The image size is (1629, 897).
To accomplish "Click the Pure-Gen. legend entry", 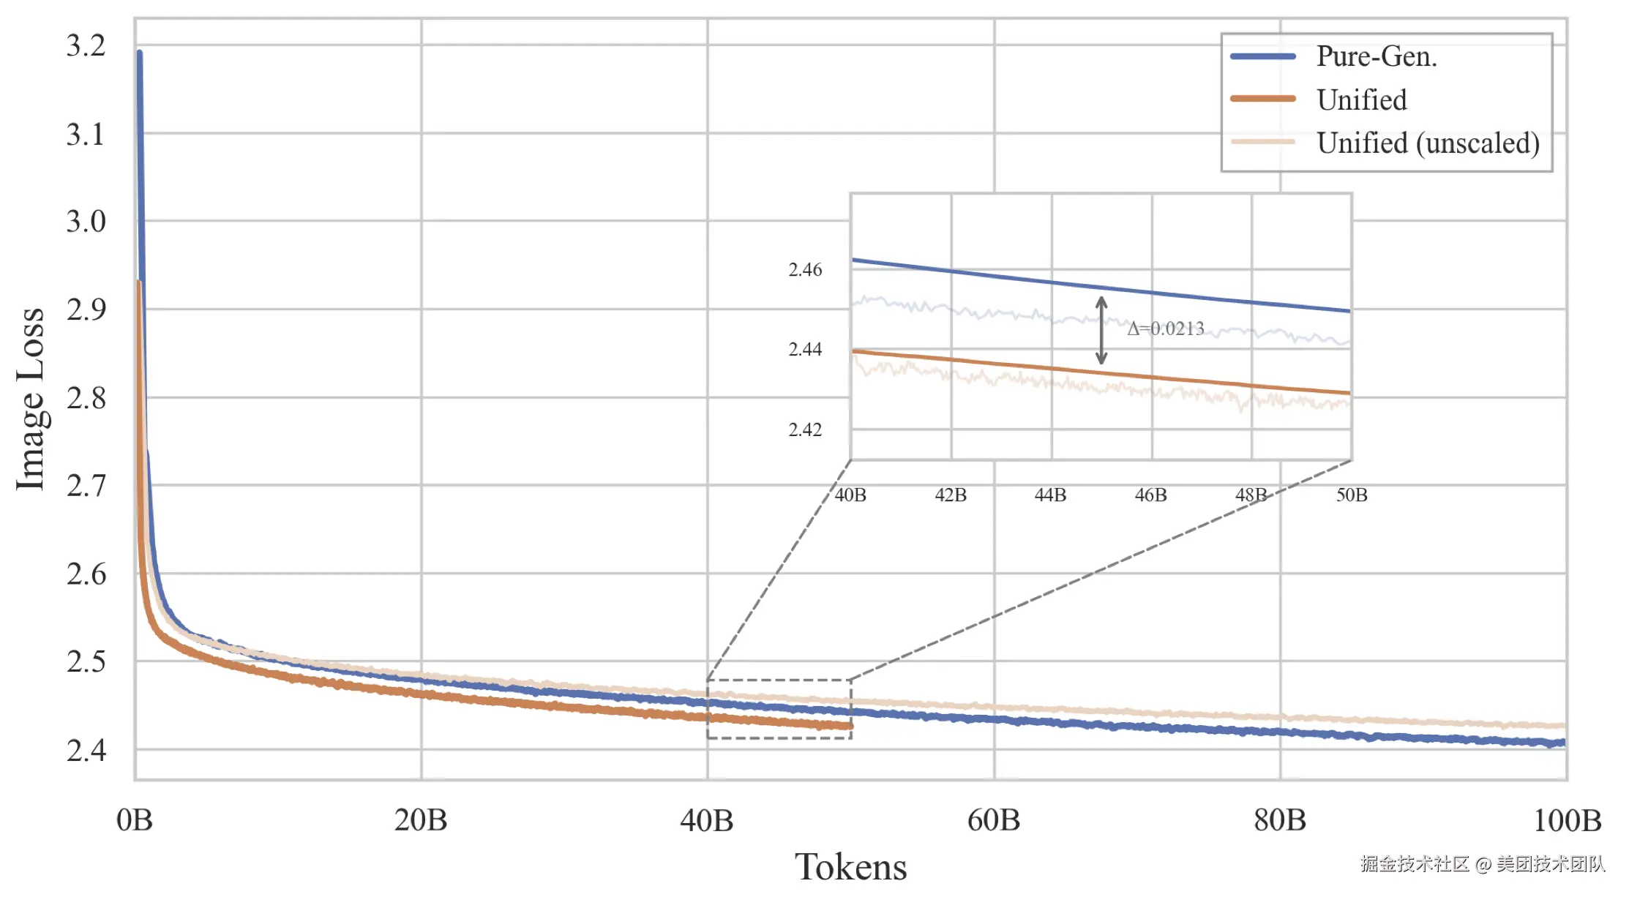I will coord(1376,56).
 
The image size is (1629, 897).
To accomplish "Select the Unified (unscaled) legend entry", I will coord(1427,143).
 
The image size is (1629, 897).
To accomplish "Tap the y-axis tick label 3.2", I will coord(86,46).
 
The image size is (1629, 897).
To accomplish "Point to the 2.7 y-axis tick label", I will coord(86,486).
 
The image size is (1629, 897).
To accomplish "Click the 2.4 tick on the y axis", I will coord(86,751).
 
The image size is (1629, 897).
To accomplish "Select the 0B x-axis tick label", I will coord(135,820).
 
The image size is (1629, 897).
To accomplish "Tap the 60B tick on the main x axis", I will coord(993,820).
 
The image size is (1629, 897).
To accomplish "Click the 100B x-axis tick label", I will coord(1567,820).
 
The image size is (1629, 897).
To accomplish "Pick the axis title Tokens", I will coord(850,867).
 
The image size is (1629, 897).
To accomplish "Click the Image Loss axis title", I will coord(31,399).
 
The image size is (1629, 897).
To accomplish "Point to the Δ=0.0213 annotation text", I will coord(1165,329).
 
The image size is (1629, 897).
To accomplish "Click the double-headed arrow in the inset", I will coord(1101,330).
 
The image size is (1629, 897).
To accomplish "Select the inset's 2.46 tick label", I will coord(805,270).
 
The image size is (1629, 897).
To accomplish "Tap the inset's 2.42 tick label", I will coord(805,429).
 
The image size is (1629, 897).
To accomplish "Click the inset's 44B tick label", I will coord(1050,495).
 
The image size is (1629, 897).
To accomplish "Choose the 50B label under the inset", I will coord(1351,495).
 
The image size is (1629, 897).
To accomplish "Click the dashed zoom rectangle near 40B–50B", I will coord(779,680).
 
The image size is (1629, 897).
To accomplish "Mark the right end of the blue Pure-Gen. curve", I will coord(1563,743).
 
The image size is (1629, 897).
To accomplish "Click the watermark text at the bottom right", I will coord(1483,864).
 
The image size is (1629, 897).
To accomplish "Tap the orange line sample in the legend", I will coord(1263,99).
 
